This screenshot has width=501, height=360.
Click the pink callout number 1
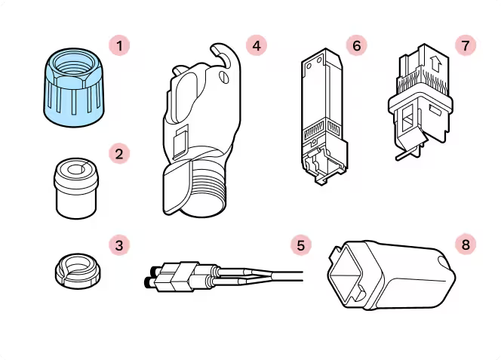click(119, 46)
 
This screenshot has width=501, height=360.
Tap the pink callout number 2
click(119, 154)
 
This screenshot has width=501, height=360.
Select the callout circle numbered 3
click(119, 245)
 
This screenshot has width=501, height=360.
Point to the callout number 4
click(257, 46)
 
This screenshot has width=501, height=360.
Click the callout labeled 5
click(301, 245)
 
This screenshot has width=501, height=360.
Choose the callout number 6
click(357, 46)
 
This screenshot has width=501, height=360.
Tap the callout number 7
click(466, 46)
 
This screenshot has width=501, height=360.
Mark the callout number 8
click(466, 245)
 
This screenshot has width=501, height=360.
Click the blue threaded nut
click(74, 88)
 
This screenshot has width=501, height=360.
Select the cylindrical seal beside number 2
click(76, 189)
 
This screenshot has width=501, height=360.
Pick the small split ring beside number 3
click(78, 271)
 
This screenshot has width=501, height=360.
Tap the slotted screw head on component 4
click(224, 77)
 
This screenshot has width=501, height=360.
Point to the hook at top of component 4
click(225, 54)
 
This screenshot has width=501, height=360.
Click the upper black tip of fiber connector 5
click(154, 270)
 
